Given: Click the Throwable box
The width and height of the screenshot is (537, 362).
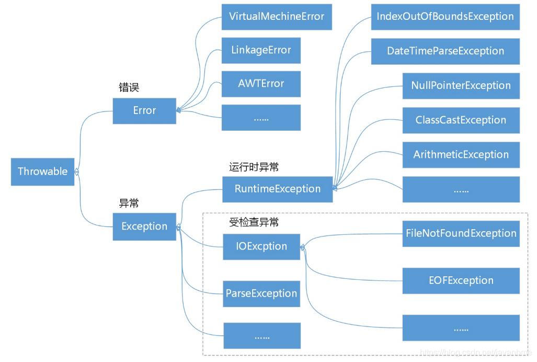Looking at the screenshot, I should [x=42, y=172].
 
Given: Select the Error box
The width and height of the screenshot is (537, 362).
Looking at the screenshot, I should [x=144, y=111].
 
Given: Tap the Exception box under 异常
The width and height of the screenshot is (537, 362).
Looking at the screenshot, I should [x=144, y=227].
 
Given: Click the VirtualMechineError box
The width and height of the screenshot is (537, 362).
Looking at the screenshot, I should [x=277, y=17].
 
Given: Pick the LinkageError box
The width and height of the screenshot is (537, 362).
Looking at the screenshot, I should [x=261, y=50].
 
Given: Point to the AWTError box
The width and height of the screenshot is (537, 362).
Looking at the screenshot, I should [x=261, y=84].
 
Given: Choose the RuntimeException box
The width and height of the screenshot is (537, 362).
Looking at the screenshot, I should [x=277, y=189].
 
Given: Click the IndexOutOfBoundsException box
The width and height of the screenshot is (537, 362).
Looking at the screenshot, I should [x=445, y=17].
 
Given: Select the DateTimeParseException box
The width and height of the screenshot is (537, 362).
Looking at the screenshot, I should [x=445, y=51].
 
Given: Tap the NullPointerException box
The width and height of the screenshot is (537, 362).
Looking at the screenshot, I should [x=461, y=86].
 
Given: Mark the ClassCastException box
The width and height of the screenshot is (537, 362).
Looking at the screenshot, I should [x=461, y=120].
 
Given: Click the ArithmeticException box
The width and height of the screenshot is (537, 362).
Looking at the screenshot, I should [x=461, y=155].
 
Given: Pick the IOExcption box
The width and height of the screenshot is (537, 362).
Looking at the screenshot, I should [x=261, y=246].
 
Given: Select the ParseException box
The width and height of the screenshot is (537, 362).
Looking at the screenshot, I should [x=261, y=293].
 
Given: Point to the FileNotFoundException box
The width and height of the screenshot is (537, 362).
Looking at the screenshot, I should [x=461, y=233].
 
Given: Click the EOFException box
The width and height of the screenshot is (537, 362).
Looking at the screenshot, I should [x=461, y=280].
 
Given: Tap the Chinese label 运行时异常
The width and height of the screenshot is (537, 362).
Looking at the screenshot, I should [x=254, y=167].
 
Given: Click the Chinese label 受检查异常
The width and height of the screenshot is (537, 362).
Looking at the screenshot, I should [x=254, y=222].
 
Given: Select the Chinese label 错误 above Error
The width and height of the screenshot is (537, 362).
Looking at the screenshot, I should [x=129, y=88].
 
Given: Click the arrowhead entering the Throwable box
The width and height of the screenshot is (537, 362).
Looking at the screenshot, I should [x=77, y=172].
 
